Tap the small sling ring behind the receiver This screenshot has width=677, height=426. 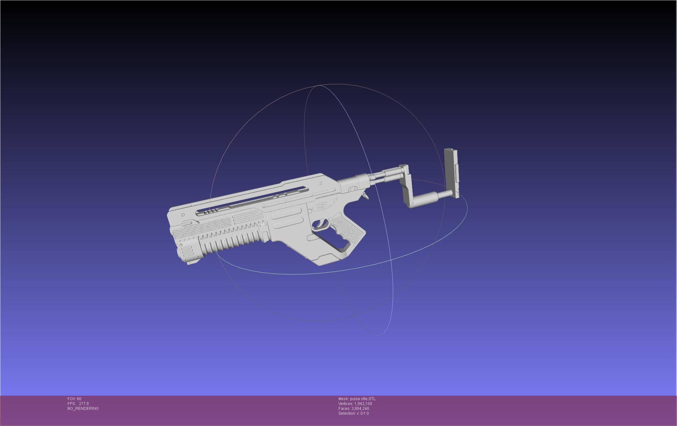pos(365,196)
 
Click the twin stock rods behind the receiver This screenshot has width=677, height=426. pos(386,176)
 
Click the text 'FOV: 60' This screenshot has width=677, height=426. pos(74,399)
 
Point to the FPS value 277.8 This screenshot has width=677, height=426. pos(84,404)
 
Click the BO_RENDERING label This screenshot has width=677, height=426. pos(83,409)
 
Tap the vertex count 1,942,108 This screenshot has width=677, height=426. pos(363,404)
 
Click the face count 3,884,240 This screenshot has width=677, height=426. pos(360,409)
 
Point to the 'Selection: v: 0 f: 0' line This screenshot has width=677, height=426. pos(353,413)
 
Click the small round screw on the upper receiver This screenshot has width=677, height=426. pos(321,183)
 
